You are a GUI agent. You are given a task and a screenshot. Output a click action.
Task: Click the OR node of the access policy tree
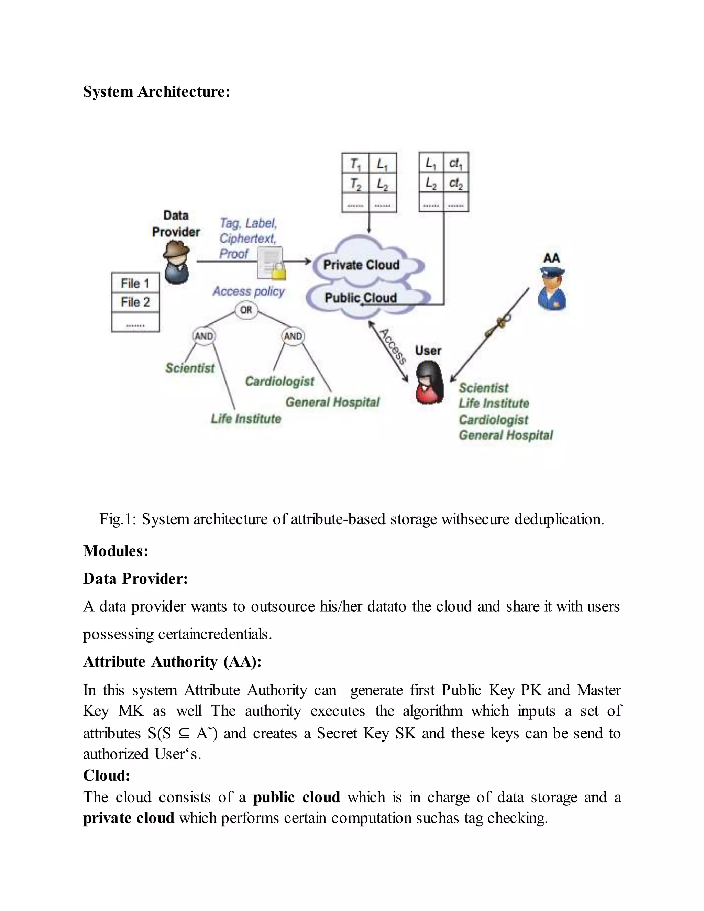point(246,310)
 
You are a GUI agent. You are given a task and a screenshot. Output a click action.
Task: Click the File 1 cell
point(135,283)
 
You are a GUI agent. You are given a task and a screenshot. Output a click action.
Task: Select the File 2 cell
point(135,302)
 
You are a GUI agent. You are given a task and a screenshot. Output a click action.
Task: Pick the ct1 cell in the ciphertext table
point(456,164)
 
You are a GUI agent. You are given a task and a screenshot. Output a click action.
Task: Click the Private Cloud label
point(361,265)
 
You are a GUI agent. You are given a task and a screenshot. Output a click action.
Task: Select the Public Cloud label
point(361,298)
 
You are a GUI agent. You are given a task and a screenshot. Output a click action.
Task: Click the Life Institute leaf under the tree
point(246,418)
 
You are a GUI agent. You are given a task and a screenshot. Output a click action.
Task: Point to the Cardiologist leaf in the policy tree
point(279,381)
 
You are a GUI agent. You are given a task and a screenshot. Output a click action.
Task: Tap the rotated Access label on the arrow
point(393,346)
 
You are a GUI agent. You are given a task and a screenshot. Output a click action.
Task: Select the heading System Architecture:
point(156,91)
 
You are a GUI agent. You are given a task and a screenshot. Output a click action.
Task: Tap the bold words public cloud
point(297,797)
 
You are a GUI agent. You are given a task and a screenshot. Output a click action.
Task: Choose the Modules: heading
point(115,551)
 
